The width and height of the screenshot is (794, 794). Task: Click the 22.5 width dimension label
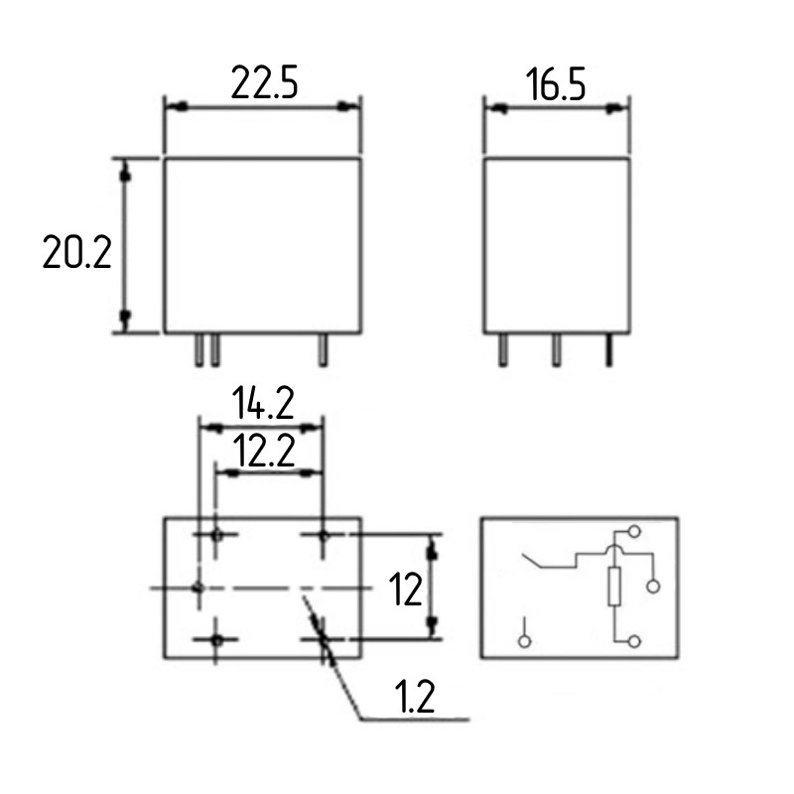click(x=264, y=82)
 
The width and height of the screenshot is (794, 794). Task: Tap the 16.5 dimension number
click(x=556, y=84)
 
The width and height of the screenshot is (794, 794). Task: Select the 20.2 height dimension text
click(x=77, y=252)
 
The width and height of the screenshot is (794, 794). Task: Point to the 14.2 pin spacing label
click(x=263, y=403)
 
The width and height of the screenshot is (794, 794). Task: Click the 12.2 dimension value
click(x=264, y=452)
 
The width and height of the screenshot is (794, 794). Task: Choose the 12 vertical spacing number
click(x=405, y=590)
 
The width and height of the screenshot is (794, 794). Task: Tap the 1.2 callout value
click(x=414, y=697)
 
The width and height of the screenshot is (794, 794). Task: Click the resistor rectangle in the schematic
click(x=614, y=587)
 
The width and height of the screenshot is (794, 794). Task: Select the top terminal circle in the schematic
click(x=634, y=531)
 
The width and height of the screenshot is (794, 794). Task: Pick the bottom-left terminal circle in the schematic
click(x=525, y=641)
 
